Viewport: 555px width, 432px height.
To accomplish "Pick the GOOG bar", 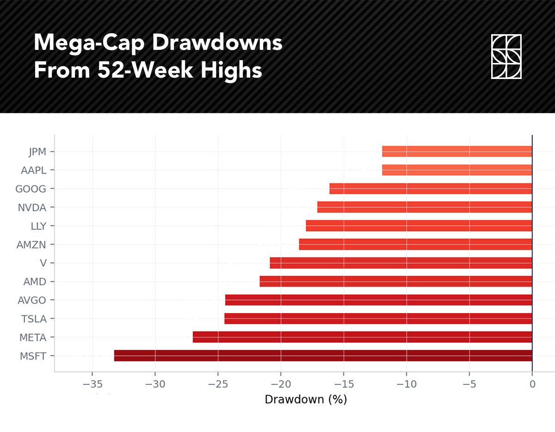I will click(431, 189).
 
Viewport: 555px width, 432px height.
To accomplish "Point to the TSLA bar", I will click(378, 319).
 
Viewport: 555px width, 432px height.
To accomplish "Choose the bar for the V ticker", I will click(401, 263).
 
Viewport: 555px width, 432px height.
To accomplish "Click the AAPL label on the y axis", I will click(34, 170).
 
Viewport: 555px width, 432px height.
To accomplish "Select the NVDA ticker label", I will click(32, 207).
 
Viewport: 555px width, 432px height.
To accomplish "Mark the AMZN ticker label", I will click(31, 244).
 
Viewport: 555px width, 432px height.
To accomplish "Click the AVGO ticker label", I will click(32, 300).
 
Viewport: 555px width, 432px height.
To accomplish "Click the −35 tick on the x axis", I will click(92, 384).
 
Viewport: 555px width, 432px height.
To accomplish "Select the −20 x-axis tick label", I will click(281, 384).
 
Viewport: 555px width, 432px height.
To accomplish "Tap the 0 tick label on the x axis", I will click(532, 384).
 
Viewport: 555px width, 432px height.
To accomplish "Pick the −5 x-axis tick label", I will click(469, 384).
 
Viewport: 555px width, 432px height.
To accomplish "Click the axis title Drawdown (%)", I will click(306, 399).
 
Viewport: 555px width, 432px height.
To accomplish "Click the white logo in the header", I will click(506, 56).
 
